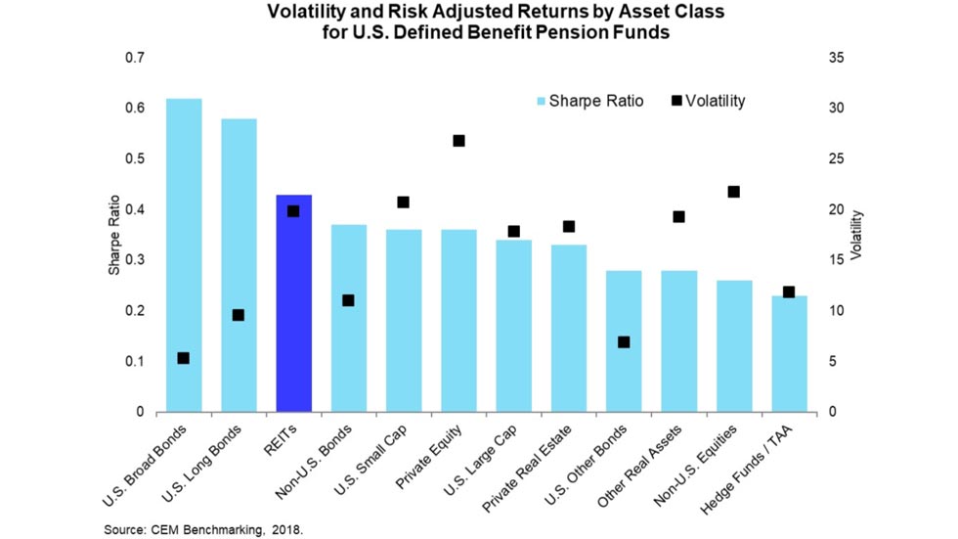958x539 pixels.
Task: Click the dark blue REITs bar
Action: click(294, 303)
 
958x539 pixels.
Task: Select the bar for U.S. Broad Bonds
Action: click(184, 254)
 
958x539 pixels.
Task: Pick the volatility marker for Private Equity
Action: click(458, 141)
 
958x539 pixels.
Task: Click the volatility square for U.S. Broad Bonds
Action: click(183, 358)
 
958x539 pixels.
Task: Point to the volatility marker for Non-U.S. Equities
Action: click(734, 192)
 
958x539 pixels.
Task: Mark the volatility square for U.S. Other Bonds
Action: click(624, 342)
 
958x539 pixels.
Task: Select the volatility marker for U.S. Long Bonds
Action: click(238, 315)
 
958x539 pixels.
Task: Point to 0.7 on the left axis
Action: click(134, 58)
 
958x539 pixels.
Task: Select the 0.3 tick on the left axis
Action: click(134, 260)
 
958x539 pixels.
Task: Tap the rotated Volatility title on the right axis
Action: click(856, 235)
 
